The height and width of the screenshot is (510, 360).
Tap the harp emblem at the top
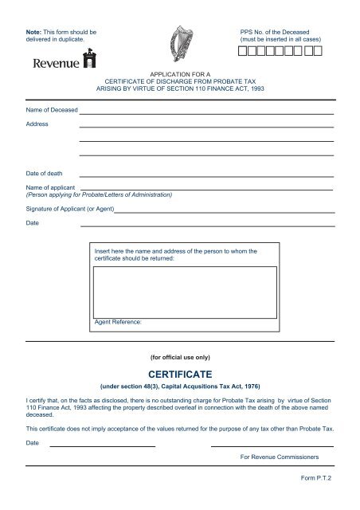click(178, 45)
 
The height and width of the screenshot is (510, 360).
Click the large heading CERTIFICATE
click(179, 371)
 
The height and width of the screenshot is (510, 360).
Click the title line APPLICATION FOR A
click(179, 73)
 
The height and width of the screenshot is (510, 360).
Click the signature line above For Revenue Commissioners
click(272, 446)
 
